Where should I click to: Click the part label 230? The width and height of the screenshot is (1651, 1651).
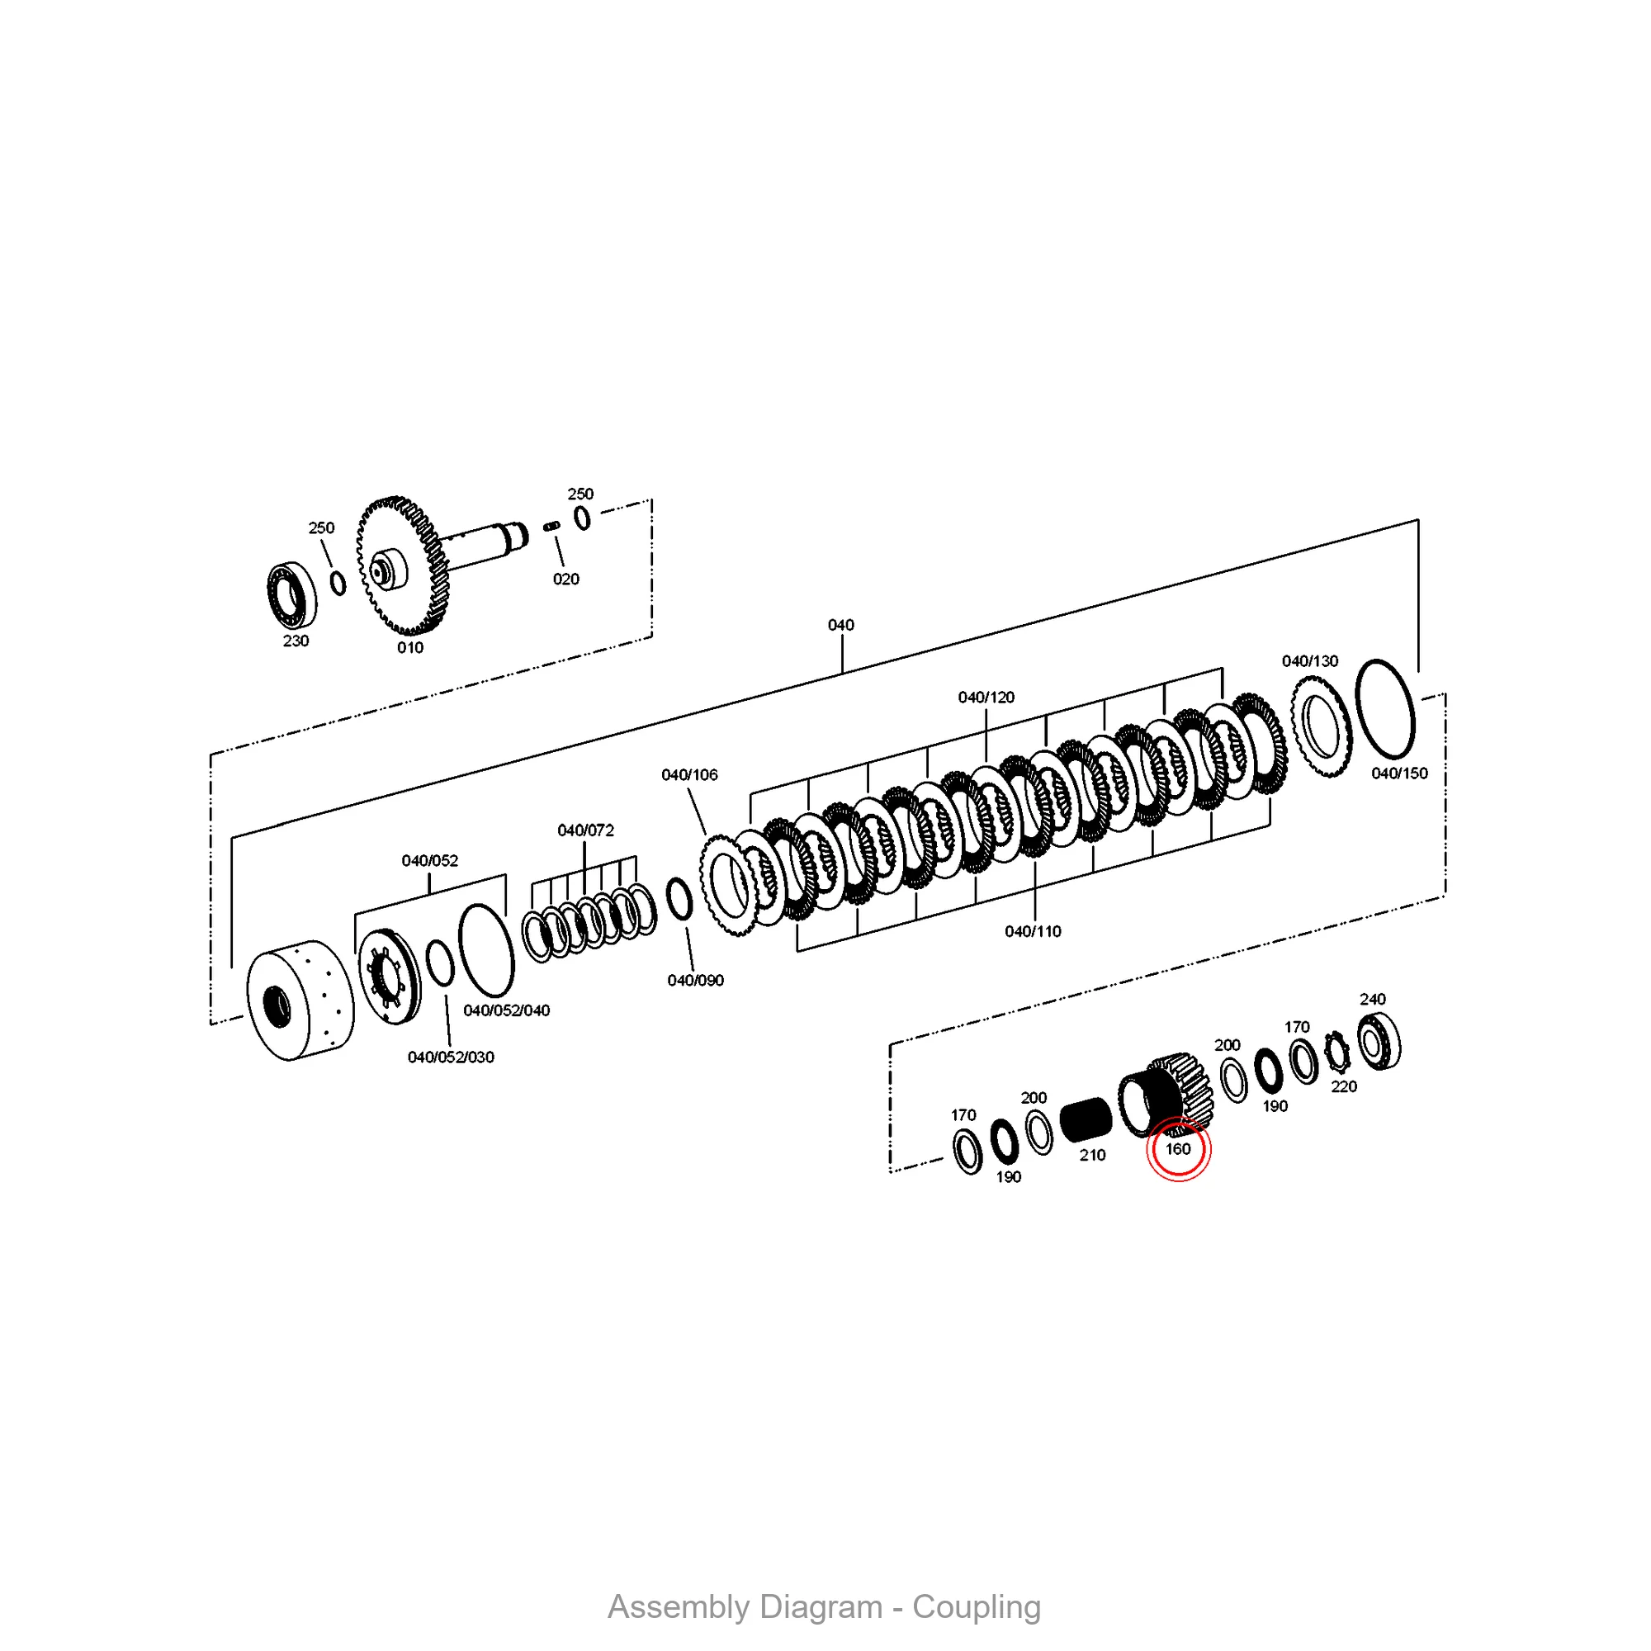(x=296, y=641)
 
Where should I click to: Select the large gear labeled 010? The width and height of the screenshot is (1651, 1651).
(x=402, y=565)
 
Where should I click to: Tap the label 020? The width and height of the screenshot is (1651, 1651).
(x=565, y=579)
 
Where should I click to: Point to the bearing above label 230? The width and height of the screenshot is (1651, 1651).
(x=291, y=593)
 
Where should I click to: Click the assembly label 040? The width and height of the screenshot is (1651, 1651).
(x=841, y=625)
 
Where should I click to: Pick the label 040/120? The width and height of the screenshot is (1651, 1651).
(x=986, y=698)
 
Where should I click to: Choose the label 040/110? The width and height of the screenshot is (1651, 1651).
(x=1034, y=931)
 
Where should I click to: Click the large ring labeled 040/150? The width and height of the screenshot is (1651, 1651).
(x=1385, y=708)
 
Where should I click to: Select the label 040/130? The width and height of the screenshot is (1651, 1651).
(x=1310, y=660)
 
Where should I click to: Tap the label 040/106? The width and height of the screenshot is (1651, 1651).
(x=689, y=775)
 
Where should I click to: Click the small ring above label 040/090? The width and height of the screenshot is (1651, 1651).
(x=679, y=899)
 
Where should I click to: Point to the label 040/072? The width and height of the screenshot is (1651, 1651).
(x=585, y=830)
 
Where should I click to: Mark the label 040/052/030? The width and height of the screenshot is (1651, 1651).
(x=452, y=1057)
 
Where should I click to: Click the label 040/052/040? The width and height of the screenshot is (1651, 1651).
(x=507, y=1010)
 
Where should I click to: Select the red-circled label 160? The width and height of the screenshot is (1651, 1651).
(x=1179, y=1149)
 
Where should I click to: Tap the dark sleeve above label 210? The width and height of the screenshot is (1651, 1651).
(x=1086, y=1119)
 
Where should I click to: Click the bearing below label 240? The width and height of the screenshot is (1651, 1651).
(x=1379, y=1041)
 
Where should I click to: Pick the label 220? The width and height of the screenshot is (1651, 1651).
(x=1344, y=1086)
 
